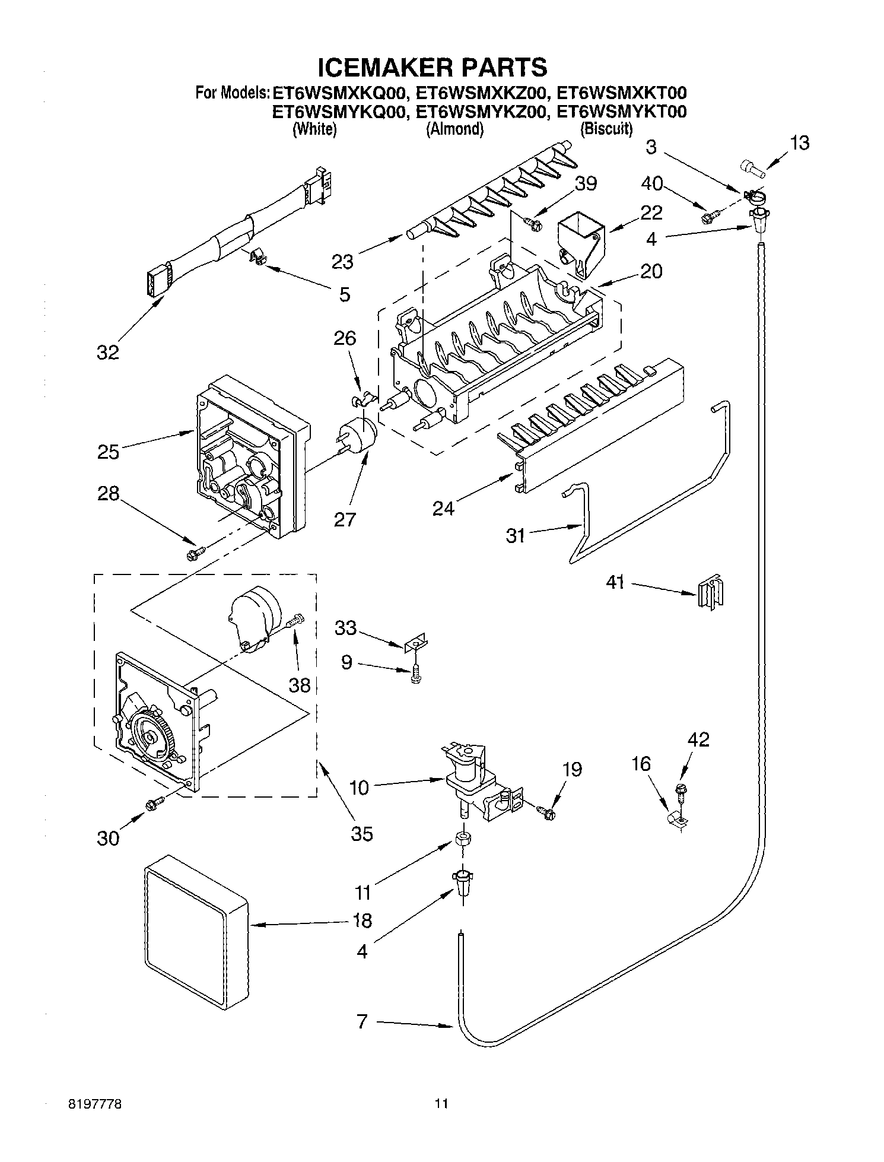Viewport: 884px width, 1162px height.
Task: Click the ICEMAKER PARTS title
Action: tap(432, 67)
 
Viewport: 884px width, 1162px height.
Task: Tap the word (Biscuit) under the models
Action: tap(606, 129)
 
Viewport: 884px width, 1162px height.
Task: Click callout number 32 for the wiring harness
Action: tap(107, 353)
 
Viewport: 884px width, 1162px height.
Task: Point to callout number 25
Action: tap(109, 452)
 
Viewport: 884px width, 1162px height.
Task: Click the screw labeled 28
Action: tap(195, 553)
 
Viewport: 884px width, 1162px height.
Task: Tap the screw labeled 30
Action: tap(154, 803)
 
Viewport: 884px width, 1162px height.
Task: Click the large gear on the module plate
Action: tap(151, 736)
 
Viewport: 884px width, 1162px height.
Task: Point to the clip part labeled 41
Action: tap(710, 592)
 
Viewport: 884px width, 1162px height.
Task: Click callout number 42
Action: tap(698, 739)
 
